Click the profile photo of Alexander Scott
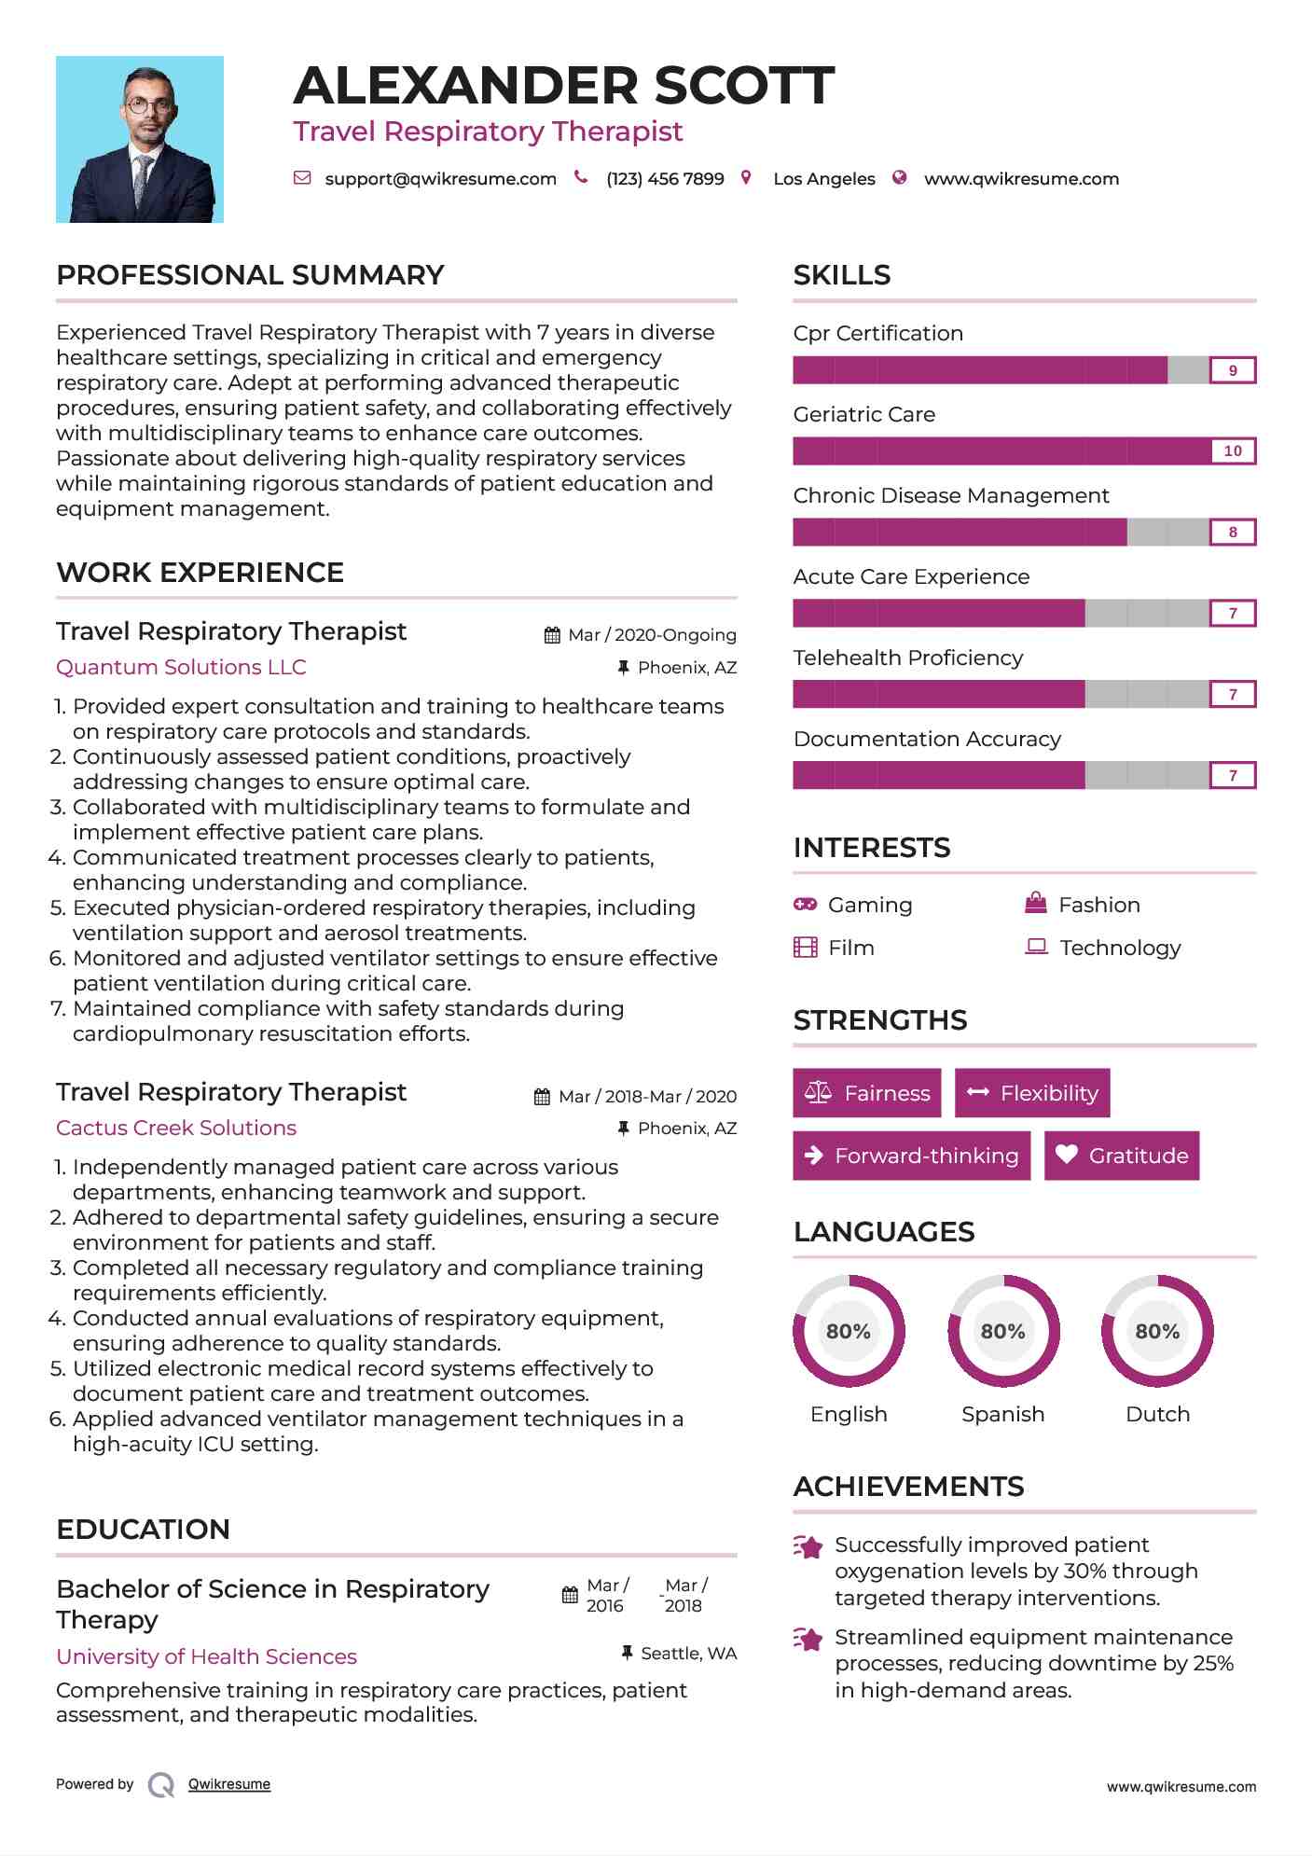tap(140, 140)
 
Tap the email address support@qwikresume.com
tap(440, 179)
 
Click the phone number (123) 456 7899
tap(665, 179)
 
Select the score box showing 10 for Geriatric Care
tap(1232, 451)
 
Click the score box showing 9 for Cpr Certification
tap(1232, 370)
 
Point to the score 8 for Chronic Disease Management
tap(1232, 533)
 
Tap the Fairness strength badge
tap(866, 1093)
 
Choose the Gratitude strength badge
tap(1122, 1156)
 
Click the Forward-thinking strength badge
tap(911, 1156)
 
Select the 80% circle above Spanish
tap(1002, 1331)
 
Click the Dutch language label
tap(1157, 1414)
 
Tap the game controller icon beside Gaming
tap(805, 905)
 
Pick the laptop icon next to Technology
tap(1036, 948)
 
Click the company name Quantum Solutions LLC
tap(181, 668)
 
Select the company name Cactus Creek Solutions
tap(176, 1129)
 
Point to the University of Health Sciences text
tap(206, 1656)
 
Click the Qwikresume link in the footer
tap(229, 1784)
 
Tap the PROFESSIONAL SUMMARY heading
tap(250, 275)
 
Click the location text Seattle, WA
tap(688, 1654)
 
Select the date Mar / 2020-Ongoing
tap(652, 635)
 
